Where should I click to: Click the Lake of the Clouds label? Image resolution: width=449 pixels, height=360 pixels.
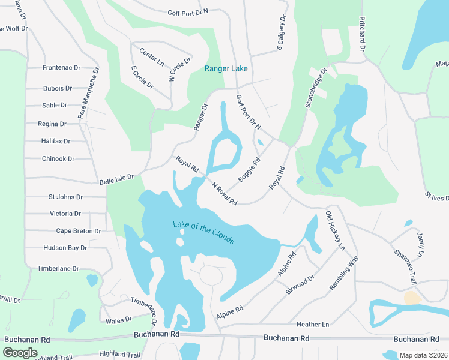pyautogui.click(x=203, y=233)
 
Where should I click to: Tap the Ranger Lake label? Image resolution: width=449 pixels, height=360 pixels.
pyautogui.click(x=226, y=69)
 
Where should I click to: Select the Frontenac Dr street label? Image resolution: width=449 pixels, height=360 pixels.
pyautogui.click(x=61, y=68)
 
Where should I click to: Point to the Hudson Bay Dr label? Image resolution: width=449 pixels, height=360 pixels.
pyautogui.click(x=65, y=248)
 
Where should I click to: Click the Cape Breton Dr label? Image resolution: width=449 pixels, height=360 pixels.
pyautogui.click(x=78, y=231)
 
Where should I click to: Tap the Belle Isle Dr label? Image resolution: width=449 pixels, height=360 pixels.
pyautogui.click(x=116, y=178)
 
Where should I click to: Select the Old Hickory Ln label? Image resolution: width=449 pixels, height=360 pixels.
pyautogui.click(x=335, y=230)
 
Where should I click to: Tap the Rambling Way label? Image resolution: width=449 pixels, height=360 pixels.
pyautogui.click(x=343, y=274)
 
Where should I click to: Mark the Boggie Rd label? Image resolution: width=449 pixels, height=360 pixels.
pyautogui.click(x=249, y=170)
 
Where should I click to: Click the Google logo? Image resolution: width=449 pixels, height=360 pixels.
pyautogui.click(x=20, y=353)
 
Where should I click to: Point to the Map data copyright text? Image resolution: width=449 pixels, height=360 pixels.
pyautogui.click(x=424, y=355)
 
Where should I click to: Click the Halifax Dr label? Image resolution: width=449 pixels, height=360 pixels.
pyautogui.click(x=56, y=142)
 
